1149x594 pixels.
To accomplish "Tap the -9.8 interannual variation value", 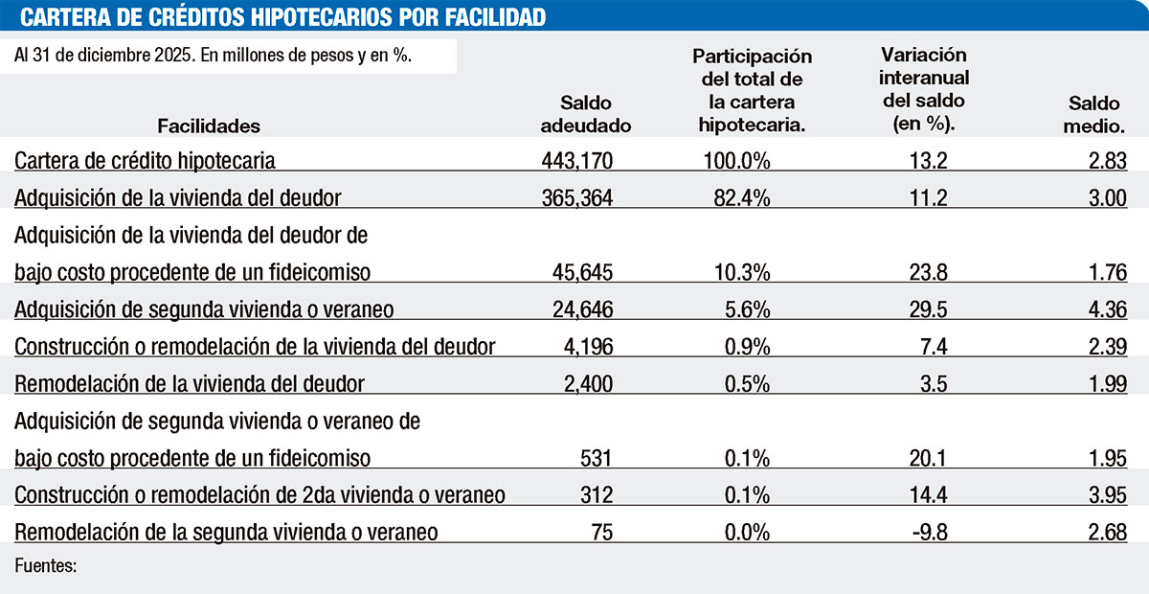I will (927, 532).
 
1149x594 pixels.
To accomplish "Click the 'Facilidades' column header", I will (209, 126).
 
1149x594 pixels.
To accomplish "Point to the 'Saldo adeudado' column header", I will (586, 114).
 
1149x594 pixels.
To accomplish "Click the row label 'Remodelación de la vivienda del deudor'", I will (190, 383).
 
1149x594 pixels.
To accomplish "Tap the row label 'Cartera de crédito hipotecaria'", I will (146, 160).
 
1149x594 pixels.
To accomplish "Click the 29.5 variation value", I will (928, 308).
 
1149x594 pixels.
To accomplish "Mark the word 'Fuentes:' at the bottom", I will (45, 566).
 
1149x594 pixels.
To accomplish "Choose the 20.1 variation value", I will (927, 457).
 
